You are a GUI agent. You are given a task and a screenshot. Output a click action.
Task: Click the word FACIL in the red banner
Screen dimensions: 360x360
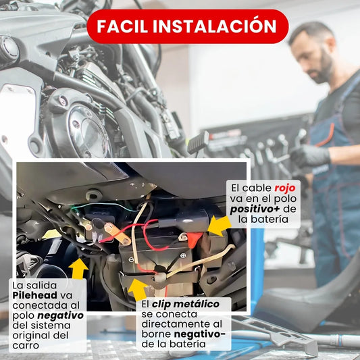coord(122,26)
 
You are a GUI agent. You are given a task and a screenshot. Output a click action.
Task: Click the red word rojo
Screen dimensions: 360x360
coord(285,188)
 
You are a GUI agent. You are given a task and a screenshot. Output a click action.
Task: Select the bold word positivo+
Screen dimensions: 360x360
coord(255,209)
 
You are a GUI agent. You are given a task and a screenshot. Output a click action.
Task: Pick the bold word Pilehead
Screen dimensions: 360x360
coord(35,295)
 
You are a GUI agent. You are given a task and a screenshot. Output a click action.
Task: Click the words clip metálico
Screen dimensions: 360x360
coord(186,304)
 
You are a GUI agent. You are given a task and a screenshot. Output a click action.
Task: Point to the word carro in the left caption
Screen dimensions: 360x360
coord(26,346)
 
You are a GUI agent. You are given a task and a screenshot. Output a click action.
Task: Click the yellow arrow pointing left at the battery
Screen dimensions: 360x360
coord(220,226)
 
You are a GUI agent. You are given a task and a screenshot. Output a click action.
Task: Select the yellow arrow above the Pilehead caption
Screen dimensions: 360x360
coord(78,268)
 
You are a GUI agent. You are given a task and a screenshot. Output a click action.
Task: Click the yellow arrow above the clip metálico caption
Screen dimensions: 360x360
coord(138,289)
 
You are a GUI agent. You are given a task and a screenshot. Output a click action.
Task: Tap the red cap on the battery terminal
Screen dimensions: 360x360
coord(195,240)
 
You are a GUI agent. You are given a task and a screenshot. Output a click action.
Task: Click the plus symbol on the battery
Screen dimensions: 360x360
coord(183,255)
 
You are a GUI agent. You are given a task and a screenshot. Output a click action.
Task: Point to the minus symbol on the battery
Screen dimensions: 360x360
coord(131,259)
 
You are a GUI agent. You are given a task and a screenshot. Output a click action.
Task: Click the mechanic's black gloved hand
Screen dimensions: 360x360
coord(310,156)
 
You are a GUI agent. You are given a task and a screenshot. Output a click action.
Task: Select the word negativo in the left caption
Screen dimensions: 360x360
coord(60,315)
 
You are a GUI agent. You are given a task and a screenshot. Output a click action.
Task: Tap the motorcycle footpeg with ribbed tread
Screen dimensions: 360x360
coord(199,142)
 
